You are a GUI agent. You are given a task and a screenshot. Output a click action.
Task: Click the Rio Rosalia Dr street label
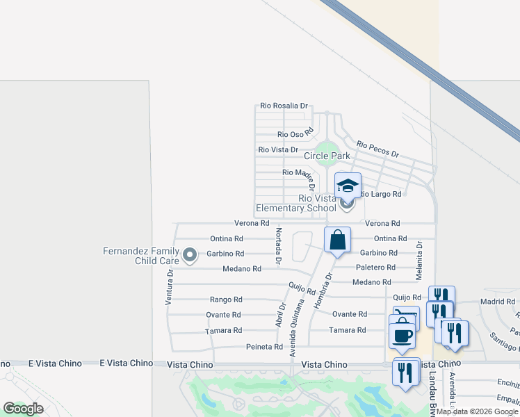(x=284, y=106)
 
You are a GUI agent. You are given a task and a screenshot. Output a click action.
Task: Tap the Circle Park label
(x=327, y=156)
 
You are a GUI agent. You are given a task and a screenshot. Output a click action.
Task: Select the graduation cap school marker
(x=348, y=186)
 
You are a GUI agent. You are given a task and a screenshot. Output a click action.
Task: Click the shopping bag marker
(x=337, y=240)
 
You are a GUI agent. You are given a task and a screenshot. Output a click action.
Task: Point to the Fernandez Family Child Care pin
(x=190, y=256)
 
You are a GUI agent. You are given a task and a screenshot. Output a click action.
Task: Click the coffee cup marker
(x=403, y=336)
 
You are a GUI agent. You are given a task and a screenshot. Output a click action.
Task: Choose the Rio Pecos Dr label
(x=377, y=149)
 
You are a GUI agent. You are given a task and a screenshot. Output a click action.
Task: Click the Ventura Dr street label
(x=169, y=287)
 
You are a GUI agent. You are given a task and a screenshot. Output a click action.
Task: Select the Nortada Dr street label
(x=278, y=246)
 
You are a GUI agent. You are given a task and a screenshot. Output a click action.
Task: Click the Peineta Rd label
(x=264, y=347)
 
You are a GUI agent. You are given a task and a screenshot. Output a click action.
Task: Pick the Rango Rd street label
(x=226, y=300)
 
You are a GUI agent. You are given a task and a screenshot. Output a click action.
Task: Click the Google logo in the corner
(x=22, y=409)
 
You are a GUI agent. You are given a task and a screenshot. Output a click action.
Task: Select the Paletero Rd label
(x=375, y=267)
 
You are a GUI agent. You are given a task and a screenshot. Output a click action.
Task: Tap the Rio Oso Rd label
(x=296, y=134)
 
